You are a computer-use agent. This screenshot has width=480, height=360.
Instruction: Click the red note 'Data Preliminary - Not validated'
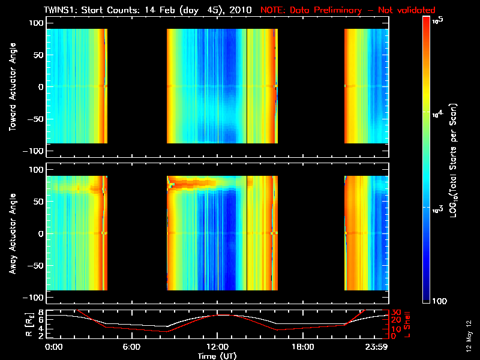click(x=348, y=10)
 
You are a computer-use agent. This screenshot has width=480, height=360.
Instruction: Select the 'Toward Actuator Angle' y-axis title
click(x=11, y=86)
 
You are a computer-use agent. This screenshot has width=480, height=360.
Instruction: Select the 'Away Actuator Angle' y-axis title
click(x=11, y=233)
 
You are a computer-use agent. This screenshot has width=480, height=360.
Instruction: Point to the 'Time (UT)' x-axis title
click(x=217, y=356)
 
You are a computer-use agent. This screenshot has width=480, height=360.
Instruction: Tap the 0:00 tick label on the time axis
click(x=53, y=347)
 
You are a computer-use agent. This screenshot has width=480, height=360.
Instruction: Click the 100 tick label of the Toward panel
click(x=37, y=22)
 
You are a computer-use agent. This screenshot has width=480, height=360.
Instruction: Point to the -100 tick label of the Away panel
click(x=35, y=298)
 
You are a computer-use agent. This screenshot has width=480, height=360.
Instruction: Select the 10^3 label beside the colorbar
click(x=439, y=208)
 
